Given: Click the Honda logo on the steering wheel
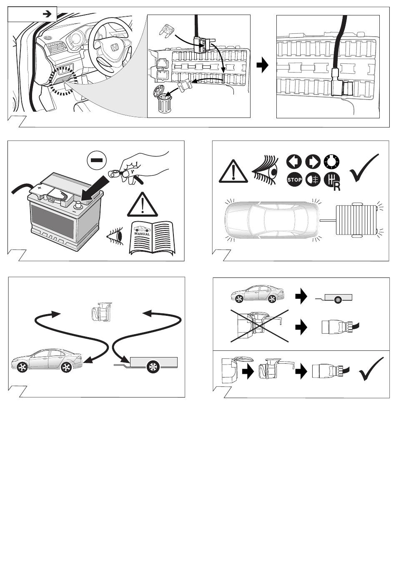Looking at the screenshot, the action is click(x=113, y=48).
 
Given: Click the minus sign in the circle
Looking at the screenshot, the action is click(x=97, y=160).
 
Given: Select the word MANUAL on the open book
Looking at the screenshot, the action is click(x=142, y=234).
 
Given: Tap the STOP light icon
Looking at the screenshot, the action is click(x=294, y=180).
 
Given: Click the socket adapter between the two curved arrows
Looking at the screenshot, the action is click(x=100, y=312).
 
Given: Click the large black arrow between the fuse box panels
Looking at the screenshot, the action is click(x=263, y=66).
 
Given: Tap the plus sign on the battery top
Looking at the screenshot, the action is click(x=39, y=188).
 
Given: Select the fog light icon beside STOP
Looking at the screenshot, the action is click(x=313, y=180).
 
